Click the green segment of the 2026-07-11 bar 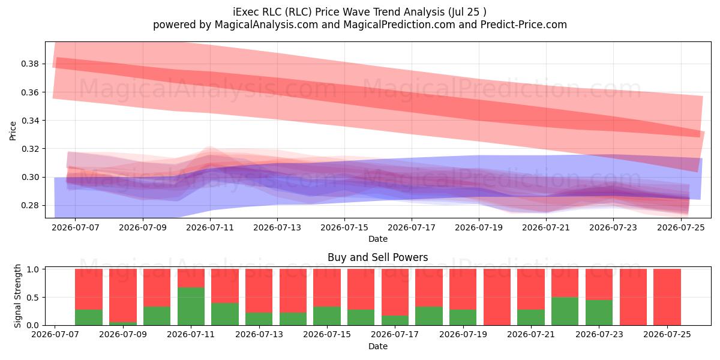(x=191, y=306)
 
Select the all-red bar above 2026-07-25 (x=667, y=297)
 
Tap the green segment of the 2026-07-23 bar (x=599, y=313)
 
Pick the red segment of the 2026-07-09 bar (x=123, y=295)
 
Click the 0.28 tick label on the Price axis (x=29, y=205)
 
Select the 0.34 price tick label (x=29, y=121)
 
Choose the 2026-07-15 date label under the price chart (x=344, y=227)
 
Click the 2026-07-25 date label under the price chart (x=681, y=227)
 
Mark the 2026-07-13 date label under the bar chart (x=259, y=334)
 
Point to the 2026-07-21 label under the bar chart (x=531, y=334)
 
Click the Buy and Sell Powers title (x=377, y=257)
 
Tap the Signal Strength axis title (x=17, y=296)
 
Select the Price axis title (x=13, y=131)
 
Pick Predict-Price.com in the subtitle (x=524, y=25)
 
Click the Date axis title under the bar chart (x=377, y=346)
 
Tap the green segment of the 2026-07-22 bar (x=565, y=311)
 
